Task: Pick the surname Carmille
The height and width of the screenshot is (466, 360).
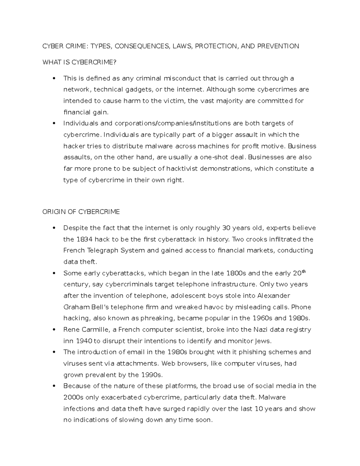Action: pyautogui.click(x=95, y=329)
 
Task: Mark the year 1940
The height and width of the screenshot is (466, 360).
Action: pyautogui.click(x=84, y=341)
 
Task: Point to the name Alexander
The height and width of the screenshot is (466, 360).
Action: pyautogui.click(x=274, y=296)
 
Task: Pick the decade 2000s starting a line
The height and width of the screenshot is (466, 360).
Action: pyautogui.click(x=73, y=397)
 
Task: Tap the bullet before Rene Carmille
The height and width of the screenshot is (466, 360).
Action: pyautogui.click(x=54, y=329)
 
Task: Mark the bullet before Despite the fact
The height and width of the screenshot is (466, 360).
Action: pyautogui.click(x=54, y=228)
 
